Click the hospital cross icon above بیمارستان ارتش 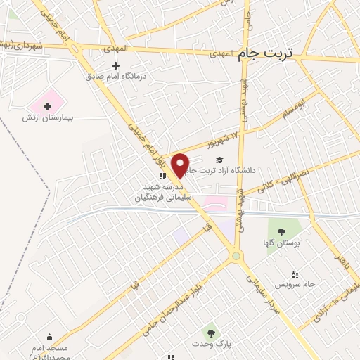tap(47, 107)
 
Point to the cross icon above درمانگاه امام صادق tap(126, 65)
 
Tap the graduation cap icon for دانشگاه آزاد tap(219, 160)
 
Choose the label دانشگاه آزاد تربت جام tap(231, 170)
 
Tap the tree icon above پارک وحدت tap(210, 332)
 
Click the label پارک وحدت tap(208, 343)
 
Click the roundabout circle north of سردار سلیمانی tap(236, 256)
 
